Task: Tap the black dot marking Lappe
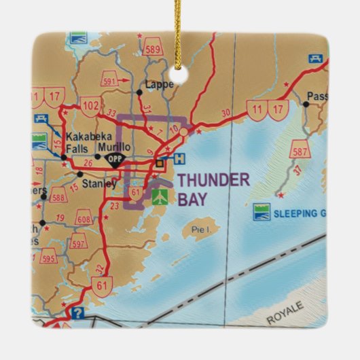coord(139,90)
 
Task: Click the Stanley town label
coord(96,183)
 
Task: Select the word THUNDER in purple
coord(213,180)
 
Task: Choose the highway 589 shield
coord(154,50)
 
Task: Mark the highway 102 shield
coord(90,106)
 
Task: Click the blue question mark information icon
coord(79,313)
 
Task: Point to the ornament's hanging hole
coord(180,67)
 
